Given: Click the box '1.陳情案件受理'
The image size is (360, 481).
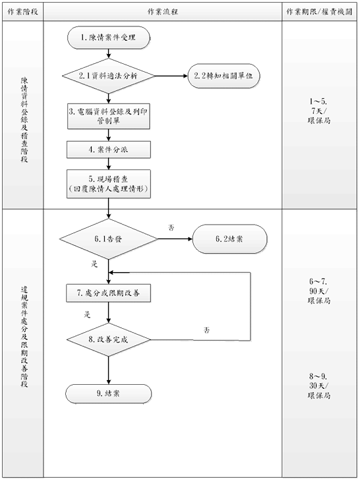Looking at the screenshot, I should [108, 38].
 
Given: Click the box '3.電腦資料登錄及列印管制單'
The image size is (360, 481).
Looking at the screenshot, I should [108, 117].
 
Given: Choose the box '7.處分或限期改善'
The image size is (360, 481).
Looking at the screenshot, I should [108, 292].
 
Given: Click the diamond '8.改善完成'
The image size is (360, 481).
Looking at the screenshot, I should [108, 341].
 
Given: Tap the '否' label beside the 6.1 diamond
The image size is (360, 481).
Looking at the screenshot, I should [171, 227].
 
